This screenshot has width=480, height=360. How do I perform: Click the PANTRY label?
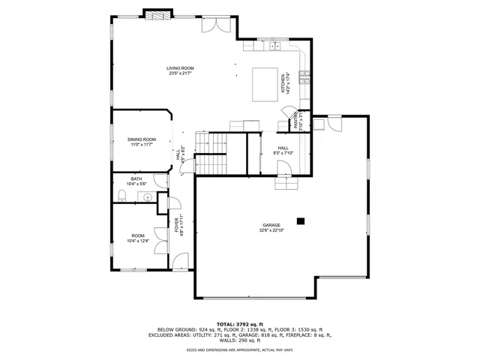[x=298, y=119]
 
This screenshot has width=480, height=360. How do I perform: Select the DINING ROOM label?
[x=141, y=139]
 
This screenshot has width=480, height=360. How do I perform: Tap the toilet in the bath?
[x=121, y=196]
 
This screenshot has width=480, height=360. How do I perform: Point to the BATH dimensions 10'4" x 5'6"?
[x=136, y=184]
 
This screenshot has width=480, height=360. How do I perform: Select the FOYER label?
[x=178, y=224]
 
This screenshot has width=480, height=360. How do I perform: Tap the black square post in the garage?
[x=301, y=220]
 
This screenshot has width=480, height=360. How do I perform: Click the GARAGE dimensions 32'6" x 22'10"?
[x=271, y=230]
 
